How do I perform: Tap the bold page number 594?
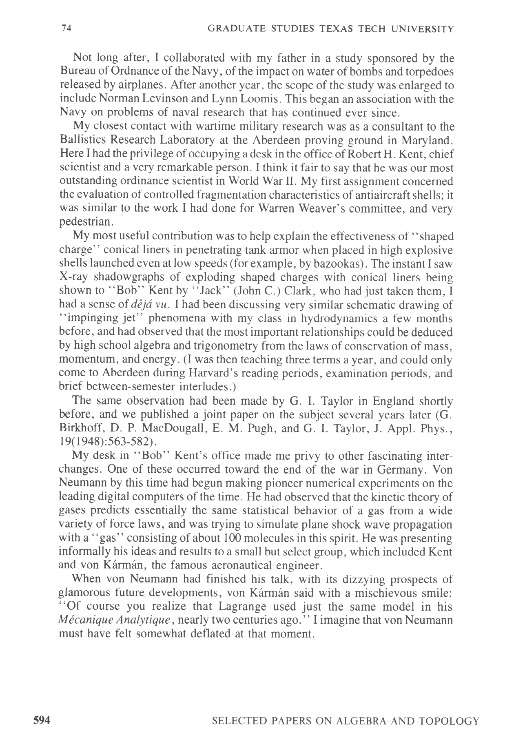coord(42,721)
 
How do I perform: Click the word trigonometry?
coord(213,346)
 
